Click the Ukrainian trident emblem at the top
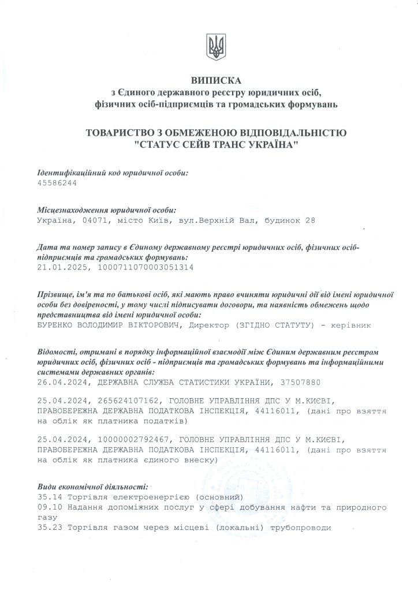215,46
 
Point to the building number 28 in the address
311,220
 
